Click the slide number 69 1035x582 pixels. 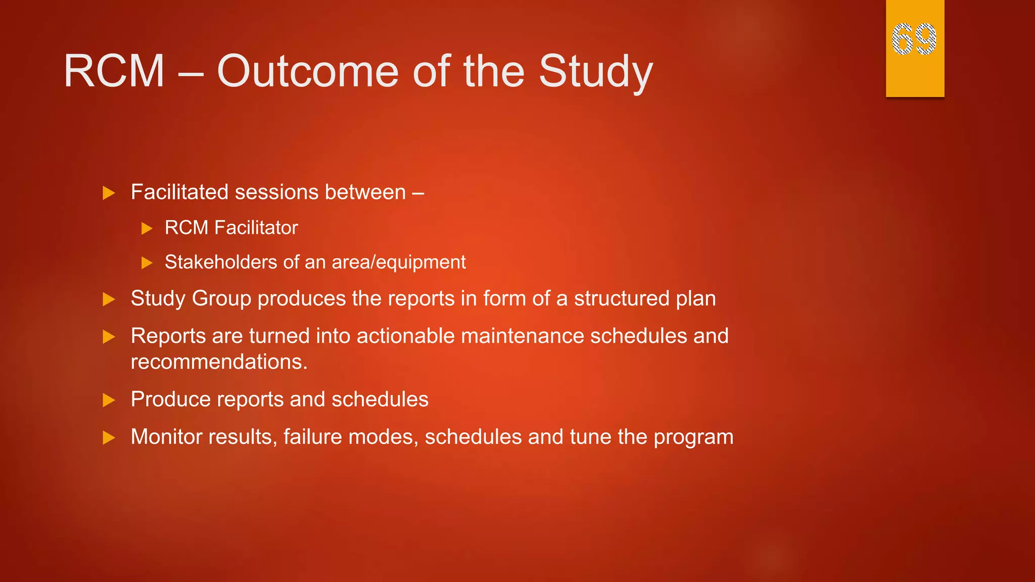click(914, 39)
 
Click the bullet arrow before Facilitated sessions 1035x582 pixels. click(109, 193)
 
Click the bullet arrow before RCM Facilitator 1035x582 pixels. click(147, 228)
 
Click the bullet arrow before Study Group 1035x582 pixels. click(109, 299)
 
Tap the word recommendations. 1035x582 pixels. click(219, 362)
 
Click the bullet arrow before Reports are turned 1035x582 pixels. click(109, 336)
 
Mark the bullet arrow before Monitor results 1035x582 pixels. click(109, 438)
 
